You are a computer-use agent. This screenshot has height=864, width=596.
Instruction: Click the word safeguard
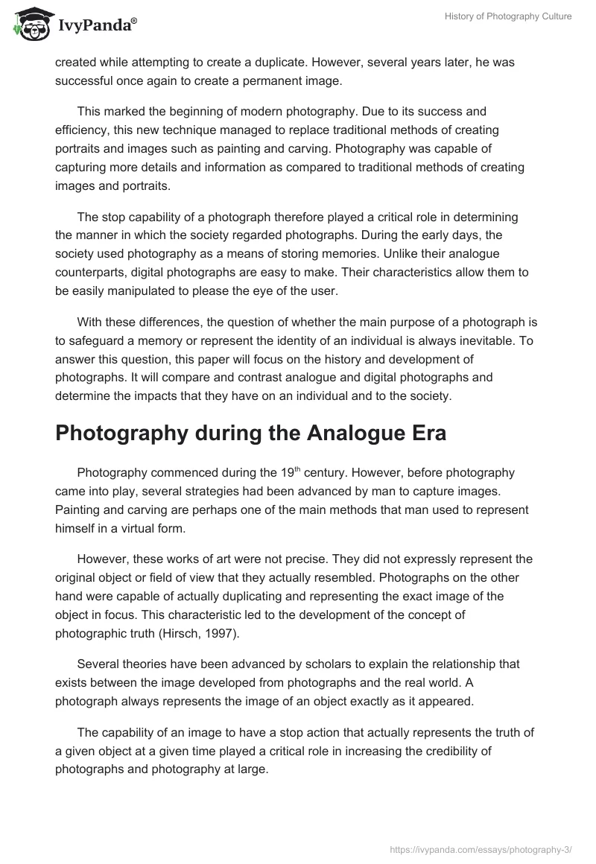point(102,341)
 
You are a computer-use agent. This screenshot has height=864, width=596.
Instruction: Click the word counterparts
point(90,273)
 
